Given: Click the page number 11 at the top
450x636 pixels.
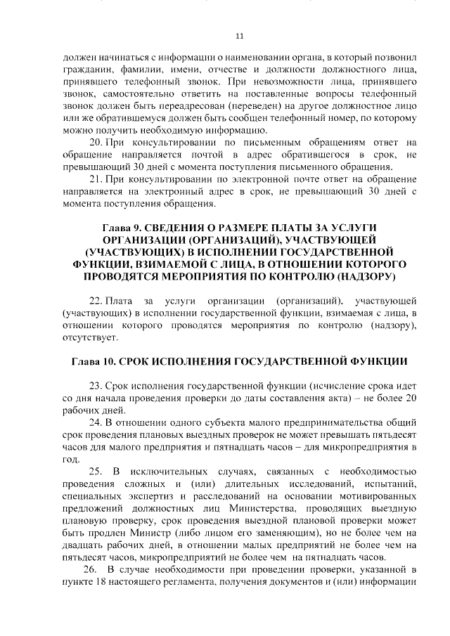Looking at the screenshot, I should pos(239,36).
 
